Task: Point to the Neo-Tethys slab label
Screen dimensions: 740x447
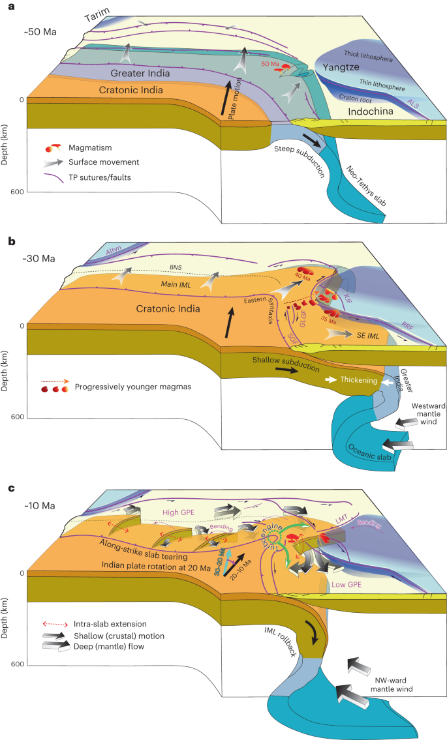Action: [368, 185]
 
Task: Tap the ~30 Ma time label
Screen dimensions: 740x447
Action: [39, 258]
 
